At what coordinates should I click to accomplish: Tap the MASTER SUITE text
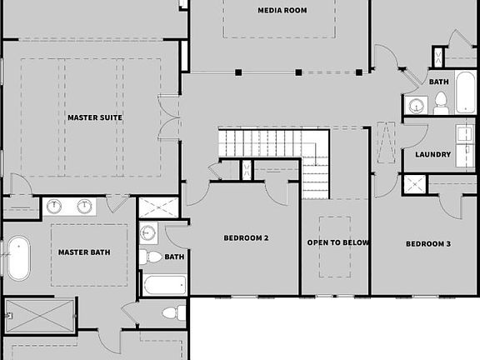(95, 117)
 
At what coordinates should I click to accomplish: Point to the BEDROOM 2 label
(246, 238)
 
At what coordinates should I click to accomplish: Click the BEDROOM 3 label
(428, 243)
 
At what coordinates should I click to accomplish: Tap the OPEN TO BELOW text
(338, 243)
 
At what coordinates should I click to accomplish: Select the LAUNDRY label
(432, 154)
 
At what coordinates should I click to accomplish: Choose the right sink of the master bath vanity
(84, 206)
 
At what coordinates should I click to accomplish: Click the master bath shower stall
(39, 315)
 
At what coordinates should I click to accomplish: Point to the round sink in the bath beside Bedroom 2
(148, 233)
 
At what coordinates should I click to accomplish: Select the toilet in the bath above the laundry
(440, 103)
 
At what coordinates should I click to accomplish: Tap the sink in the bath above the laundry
(417, 105)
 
